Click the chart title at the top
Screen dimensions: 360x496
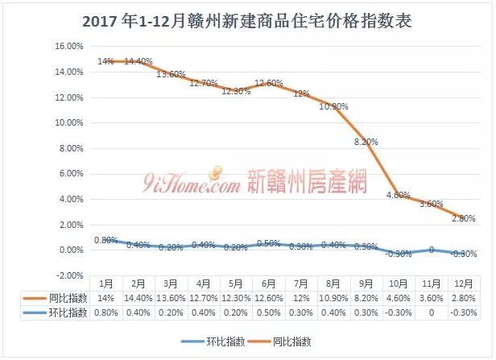tap(248, 21)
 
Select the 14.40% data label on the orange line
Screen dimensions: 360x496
tap(139, 61)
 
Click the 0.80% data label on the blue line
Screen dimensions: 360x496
tap(105, 240)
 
